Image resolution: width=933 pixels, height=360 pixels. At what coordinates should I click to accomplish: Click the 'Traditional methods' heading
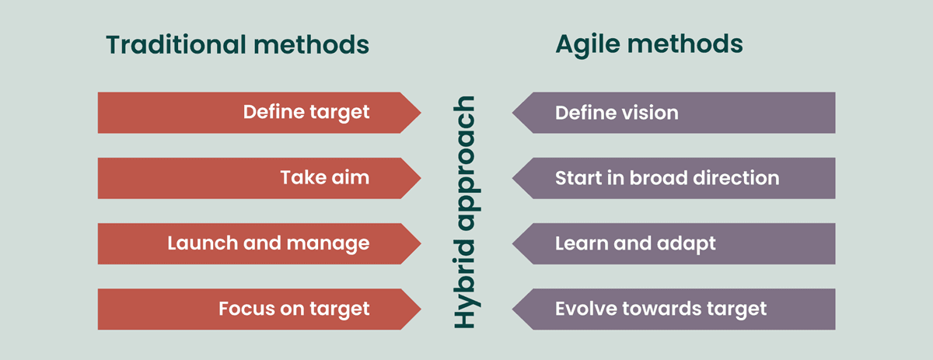click(237, 45)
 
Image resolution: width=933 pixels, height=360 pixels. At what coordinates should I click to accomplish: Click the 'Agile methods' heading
click(648, 45)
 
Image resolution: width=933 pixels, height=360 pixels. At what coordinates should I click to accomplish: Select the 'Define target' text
click(306, 113)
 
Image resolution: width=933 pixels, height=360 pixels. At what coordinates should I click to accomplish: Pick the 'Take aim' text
click(324, 178)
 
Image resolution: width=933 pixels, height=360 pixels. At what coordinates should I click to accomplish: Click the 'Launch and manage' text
click(268, 243)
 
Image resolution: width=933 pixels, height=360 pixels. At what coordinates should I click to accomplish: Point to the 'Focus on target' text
click(294, 309)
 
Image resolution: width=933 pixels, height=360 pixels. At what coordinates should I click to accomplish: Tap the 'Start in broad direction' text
click(666, 178)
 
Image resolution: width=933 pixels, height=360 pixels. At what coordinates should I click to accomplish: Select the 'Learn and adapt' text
click(635, 243)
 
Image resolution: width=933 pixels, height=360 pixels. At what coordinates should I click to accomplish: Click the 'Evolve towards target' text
click(661, 309)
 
